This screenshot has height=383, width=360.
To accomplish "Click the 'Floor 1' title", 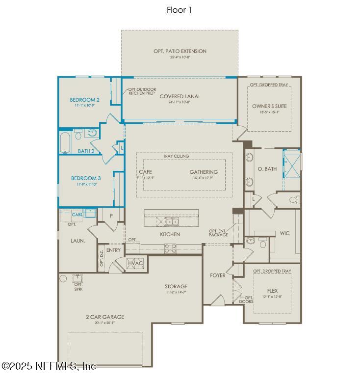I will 180,9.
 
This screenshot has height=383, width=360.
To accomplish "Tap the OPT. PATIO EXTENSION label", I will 180,51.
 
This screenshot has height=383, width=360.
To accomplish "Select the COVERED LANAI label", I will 180,96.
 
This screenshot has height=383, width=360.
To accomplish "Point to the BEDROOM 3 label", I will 86,178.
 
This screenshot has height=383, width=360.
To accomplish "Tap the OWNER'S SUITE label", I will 269,106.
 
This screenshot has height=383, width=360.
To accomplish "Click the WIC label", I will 284,233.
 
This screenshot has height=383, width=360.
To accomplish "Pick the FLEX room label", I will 272,291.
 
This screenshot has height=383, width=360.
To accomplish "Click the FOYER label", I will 218,275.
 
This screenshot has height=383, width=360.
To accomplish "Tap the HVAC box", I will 135,263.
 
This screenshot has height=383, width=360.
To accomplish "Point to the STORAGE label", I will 176,286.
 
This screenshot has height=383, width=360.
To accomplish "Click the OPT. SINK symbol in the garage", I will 77,278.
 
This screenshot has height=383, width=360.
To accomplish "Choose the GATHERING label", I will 204,172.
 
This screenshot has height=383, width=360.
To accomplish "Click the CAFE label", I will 145,172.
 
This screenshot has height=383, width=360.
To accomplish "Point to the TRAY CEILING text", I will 176,156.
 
